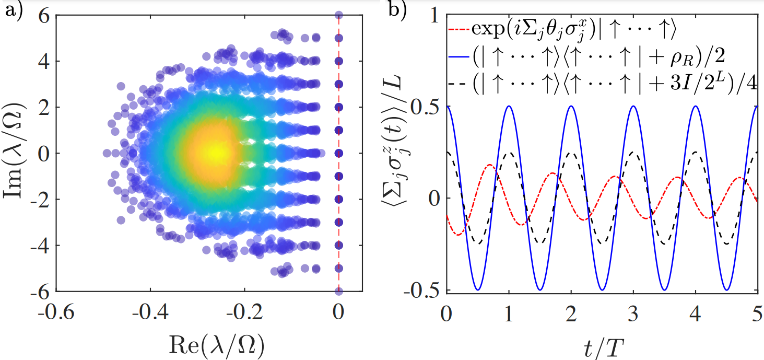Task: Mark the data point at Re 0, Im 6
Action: [x=338, y=15]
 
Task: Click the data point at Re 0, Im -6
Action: [x=338, y=291]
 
